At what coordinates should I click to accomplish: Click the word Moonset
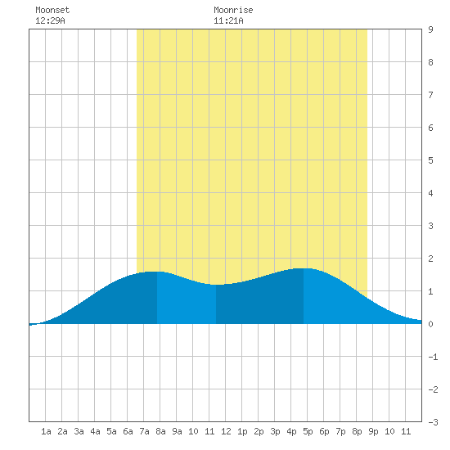tap(52, 10)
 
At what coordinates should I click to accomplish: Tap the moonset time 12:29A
tap(50, 20)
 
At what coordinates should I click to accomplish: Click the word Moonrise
tap(233, 10)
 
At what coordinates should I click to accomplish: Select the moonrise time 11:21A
tap(228, 20)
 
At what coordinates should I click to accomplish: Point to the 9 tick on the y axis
tap(430, 29)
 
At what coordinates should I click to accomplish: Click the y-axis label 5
tap(430, 160)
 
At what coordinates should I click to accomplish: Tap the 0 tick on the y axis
tap(430, 324)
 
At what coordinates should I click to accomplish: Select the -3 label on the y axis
tap(433, 422)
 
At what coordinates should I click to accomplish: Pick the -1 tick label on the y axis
tap(433, 357)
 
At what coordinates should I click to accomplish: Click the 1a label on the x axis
tap(46, 431)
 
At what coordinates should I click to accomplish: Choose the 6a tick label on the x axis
tap(128, 431)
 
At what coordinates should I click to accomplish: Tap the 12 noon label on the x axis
tap(226, 431)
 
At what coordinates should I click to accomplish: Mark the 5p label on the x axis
tap(308, 431)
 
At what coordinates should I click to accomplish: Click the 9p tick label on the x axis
tap(373, 431)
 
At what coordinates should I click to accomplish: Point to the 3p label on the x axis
tap(275, 431)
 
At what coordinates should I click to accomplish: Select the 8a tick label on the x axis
tap(160, 431)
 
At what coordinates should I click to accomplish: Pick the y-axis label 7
tap(430, 95)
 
